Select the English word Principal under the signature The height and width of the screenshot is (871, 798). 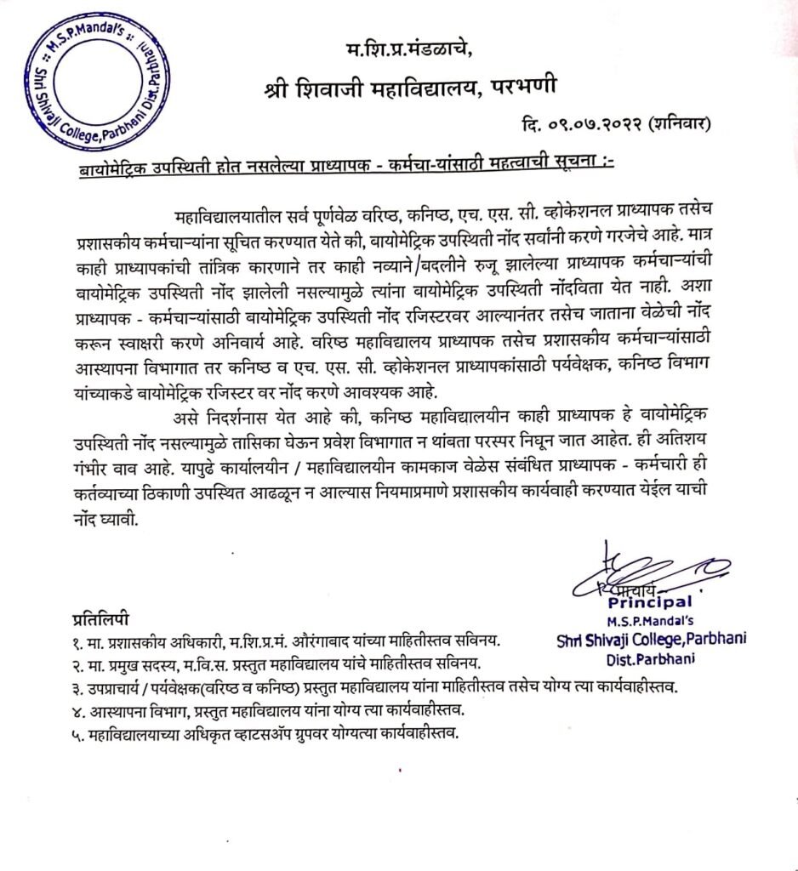click(x=649, y=602)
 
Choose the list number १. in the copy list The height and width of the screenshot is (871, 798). click(x=77, y=638)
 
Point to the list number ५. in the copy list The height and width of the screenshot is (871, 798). click(x=77, y=734)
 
